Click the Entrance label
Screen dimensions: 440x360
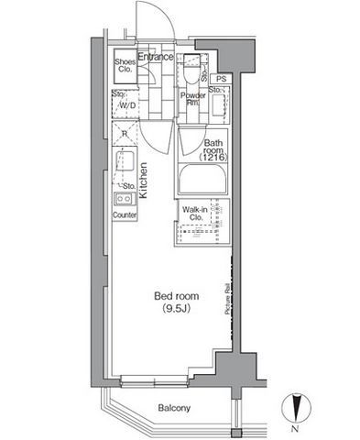click(155, 57)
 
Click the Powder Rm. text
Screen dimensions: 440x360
click(191, 100)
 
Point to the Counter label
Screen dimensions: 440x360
click(125, 215)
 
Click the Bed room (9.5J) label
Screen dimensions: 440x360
click(172, 302)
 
